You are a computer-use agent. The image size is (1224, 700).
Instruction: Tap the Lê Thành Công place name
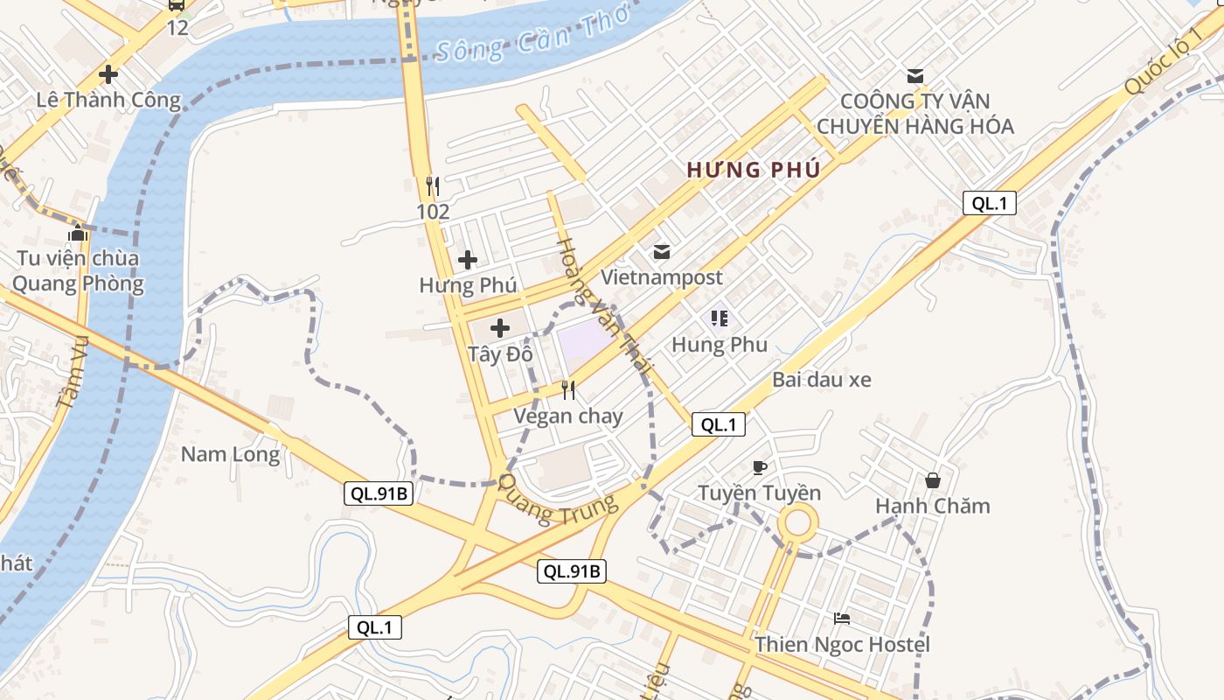(x=108, y=100)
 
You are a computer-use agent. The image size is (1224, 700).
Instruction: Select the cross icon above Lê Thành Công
(x=108, y=74)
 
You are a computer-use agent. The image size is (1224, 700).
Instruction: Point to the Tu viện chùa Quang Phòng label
(x=77, y=271)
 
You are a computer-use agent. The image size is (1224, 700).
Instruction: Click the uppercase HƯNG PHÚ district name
(x=754, y=170)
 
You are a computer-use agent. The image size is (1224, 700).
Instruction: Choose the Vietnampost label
(x=662, y=277)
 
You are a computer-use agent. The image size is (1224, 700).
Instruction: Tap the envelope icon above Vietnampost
(x=662, y=252)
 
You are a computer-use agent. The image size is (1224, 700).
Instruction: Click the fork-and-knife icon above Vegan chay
(x=568, y=389)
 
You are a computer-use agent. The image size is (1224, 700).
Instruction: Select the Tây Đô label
(x=500, y=354)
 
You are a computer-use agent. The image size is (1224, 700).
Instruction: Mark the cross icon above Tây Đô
(x=500, y=328)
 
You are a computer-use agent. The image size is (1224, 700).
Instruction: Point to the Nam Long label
(x=231, y=454)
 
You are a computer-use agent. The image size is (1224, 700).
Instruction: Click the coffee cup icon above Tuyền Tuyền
(x=759, y=467)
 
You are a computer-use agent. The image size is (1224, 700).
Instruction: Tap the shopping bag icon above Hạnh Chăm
(x=933, y=480)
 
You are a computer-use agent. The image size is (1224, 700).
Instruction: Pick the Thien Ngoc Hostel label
(x=843, y=645)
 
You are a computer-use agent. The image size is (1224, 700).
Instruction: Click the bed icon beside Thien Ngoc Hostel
(x=842, y=619)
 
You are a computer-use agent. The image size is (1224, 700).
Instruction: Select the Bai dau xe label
(x=822, y=380)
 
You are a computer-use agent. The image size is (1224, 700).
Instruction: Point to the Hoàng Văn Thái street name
(x=604, y=306)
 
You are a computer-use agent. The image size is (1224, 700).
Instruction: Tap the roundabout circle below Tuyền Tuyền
(x=797, y=525)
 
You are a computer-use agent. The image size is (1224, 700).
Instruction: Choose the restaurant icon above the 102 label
(x=432, y=185)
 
